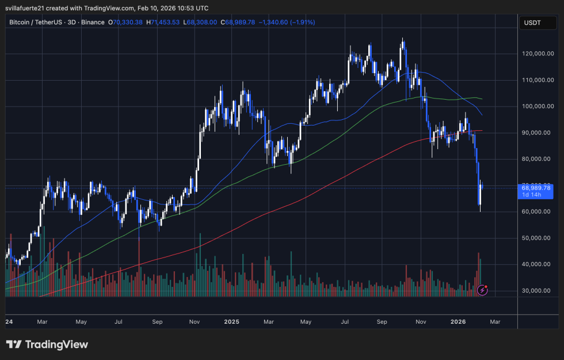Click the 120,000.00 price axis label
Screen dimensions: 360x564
click(537, 54)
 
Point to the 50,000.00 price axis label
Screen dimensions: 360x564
click(537, 238)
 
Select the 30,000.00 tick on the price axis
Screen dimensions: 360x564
click(537, 291)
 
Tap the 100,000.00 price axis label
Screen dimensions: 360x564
click(537, 107)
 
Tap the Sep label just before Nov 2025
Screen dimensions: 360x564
click(382, 322)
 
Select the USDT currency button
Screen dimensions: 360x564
click(532, 23)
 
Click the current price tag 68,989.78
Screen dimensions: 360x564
click(536, 188)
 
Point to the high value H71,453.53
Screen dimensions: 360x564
click(163, 22)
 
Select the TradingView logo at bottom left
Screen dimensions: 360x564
click(47, 344)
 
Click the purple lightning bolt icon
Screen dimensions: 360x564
click(483, 290)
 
